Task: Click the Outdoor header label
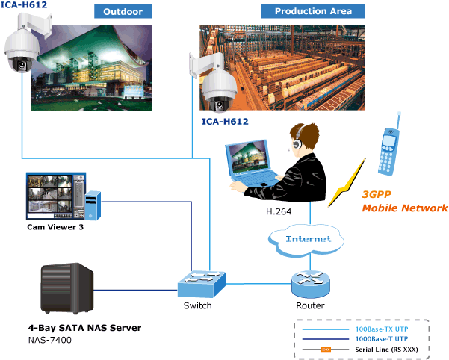click(123, 11)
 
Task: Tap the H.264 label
click(279, 212)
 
